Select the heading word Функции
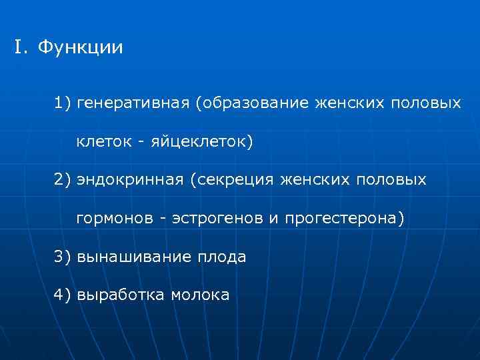80,49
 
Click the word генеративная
133,104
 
